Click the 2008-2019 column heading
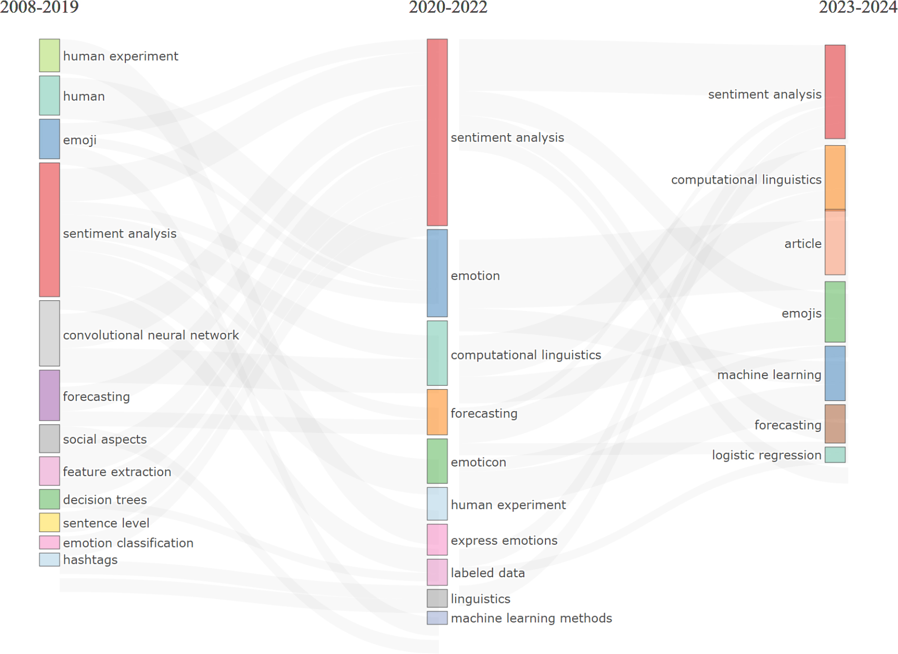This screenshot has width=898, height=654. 39,7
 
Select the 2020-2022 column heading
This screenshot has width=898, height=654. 448,7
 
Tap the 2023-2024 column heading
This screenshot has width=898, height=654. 858,7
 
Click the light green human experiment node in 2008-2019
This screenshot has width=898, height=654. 50,55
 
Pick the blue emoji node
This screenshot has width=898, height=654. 50,139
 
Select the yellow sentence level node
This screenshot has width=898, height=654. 50,522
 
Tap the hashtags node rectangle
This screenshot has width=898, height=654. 50,559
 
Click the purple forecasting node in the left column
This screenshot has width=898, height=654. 50,396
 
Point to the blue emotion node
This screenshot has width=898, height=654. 437,273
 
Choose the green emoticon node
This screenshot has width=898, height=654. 437,461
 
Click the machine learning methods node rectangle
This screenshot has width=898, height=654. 437,618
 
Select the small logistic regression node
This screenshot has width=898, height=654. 835,455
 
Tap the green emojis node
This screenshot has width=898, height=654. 835,312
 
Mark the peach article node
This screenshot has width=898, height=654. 835,242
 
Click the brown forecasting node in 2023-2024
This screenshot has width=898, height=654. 835,424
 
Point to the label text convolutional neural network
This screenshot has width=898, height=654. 151,335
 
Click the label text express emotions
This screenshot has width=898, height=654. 504,540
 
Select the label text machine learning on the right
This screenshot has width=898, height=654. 769,375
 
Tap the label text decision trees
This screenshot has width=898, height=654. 105,499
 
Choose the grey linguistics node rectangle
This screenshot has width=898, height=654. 437,598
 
